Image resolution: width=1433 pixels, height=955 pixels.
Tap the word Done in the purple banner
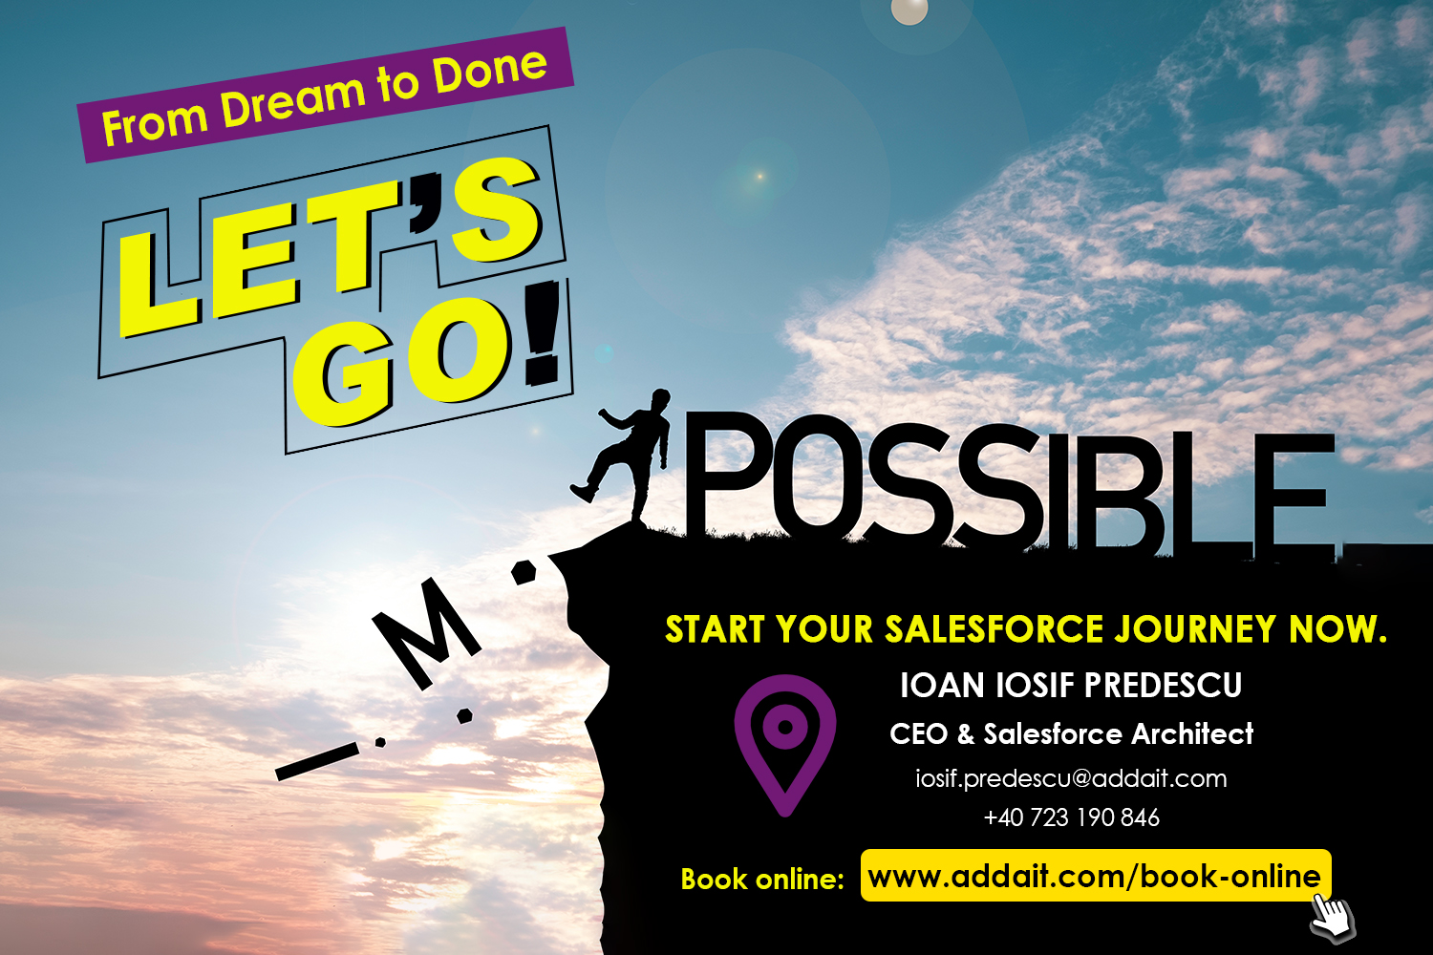(491, 70)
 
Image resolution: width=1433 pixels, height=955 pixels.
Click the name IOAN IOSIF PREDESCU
(1071, 685)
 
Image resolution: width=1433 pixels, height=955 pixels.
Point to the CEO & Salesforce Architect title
(1071, 733)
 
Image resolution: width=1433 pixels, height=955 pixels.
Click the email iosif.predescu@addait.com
(1071, 778)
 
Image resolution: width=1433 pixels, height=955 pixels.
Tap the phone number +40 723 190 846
(1071, 817)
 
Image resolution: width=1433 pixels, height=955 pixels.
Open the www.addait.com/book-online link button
(1095, 875)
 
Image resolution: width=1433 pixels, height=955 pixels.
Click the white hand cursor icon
(1333, 918)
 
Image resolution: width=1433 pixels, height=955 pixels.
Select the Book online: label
(762, 880)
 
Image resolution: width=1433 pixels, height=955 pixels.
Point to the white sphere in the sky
(909, 11)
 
